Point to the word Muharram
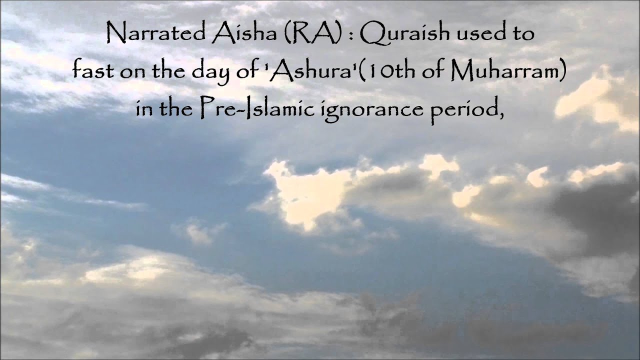coord(509,71)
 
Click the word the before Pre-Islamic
coord(176,107)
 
